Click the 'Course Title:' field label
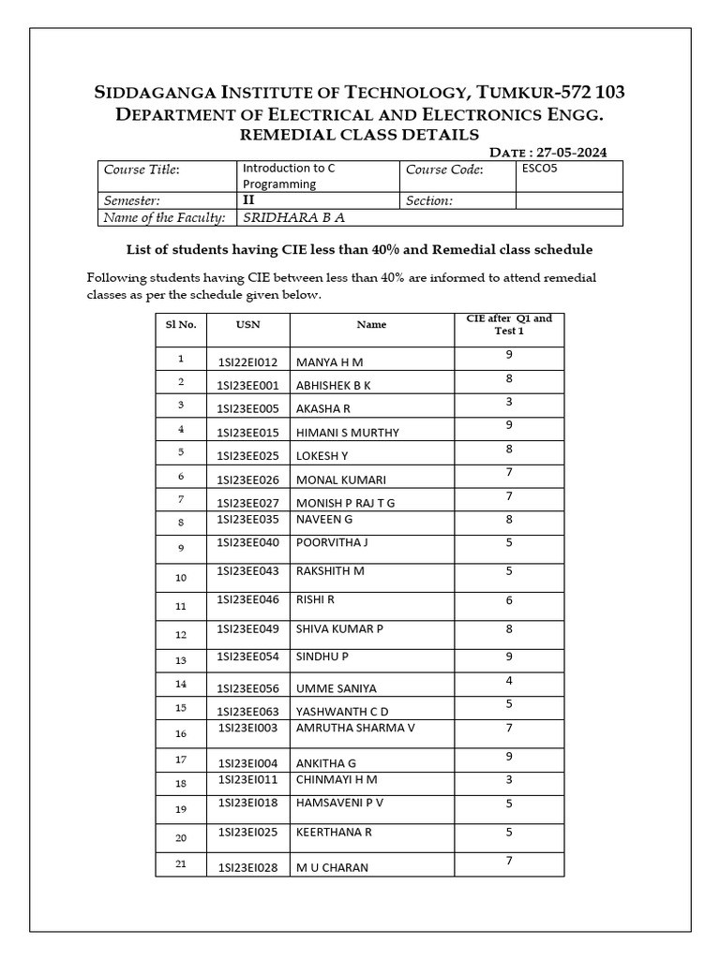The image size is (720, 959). [142, 170]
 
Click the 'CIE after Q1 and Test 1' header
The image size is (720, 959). [509, 324]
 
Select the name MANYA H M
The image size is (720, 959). [329, 361]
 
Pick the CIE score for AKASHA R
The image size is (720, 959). [509, 401]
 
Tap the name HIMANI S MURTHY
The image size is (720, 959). [347, 433]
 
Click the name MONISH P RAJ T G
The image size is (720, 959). [345, 503]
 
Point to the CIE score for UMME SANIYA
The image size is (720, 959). [509, 680]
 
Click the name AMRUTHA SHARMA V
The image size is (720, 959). [355, 727]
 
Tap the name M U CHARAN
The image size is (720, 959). [332, 867]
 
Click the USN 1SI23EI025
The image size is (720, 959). [247, 831]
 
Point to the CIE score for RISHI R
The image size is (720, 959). [509, 600]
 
